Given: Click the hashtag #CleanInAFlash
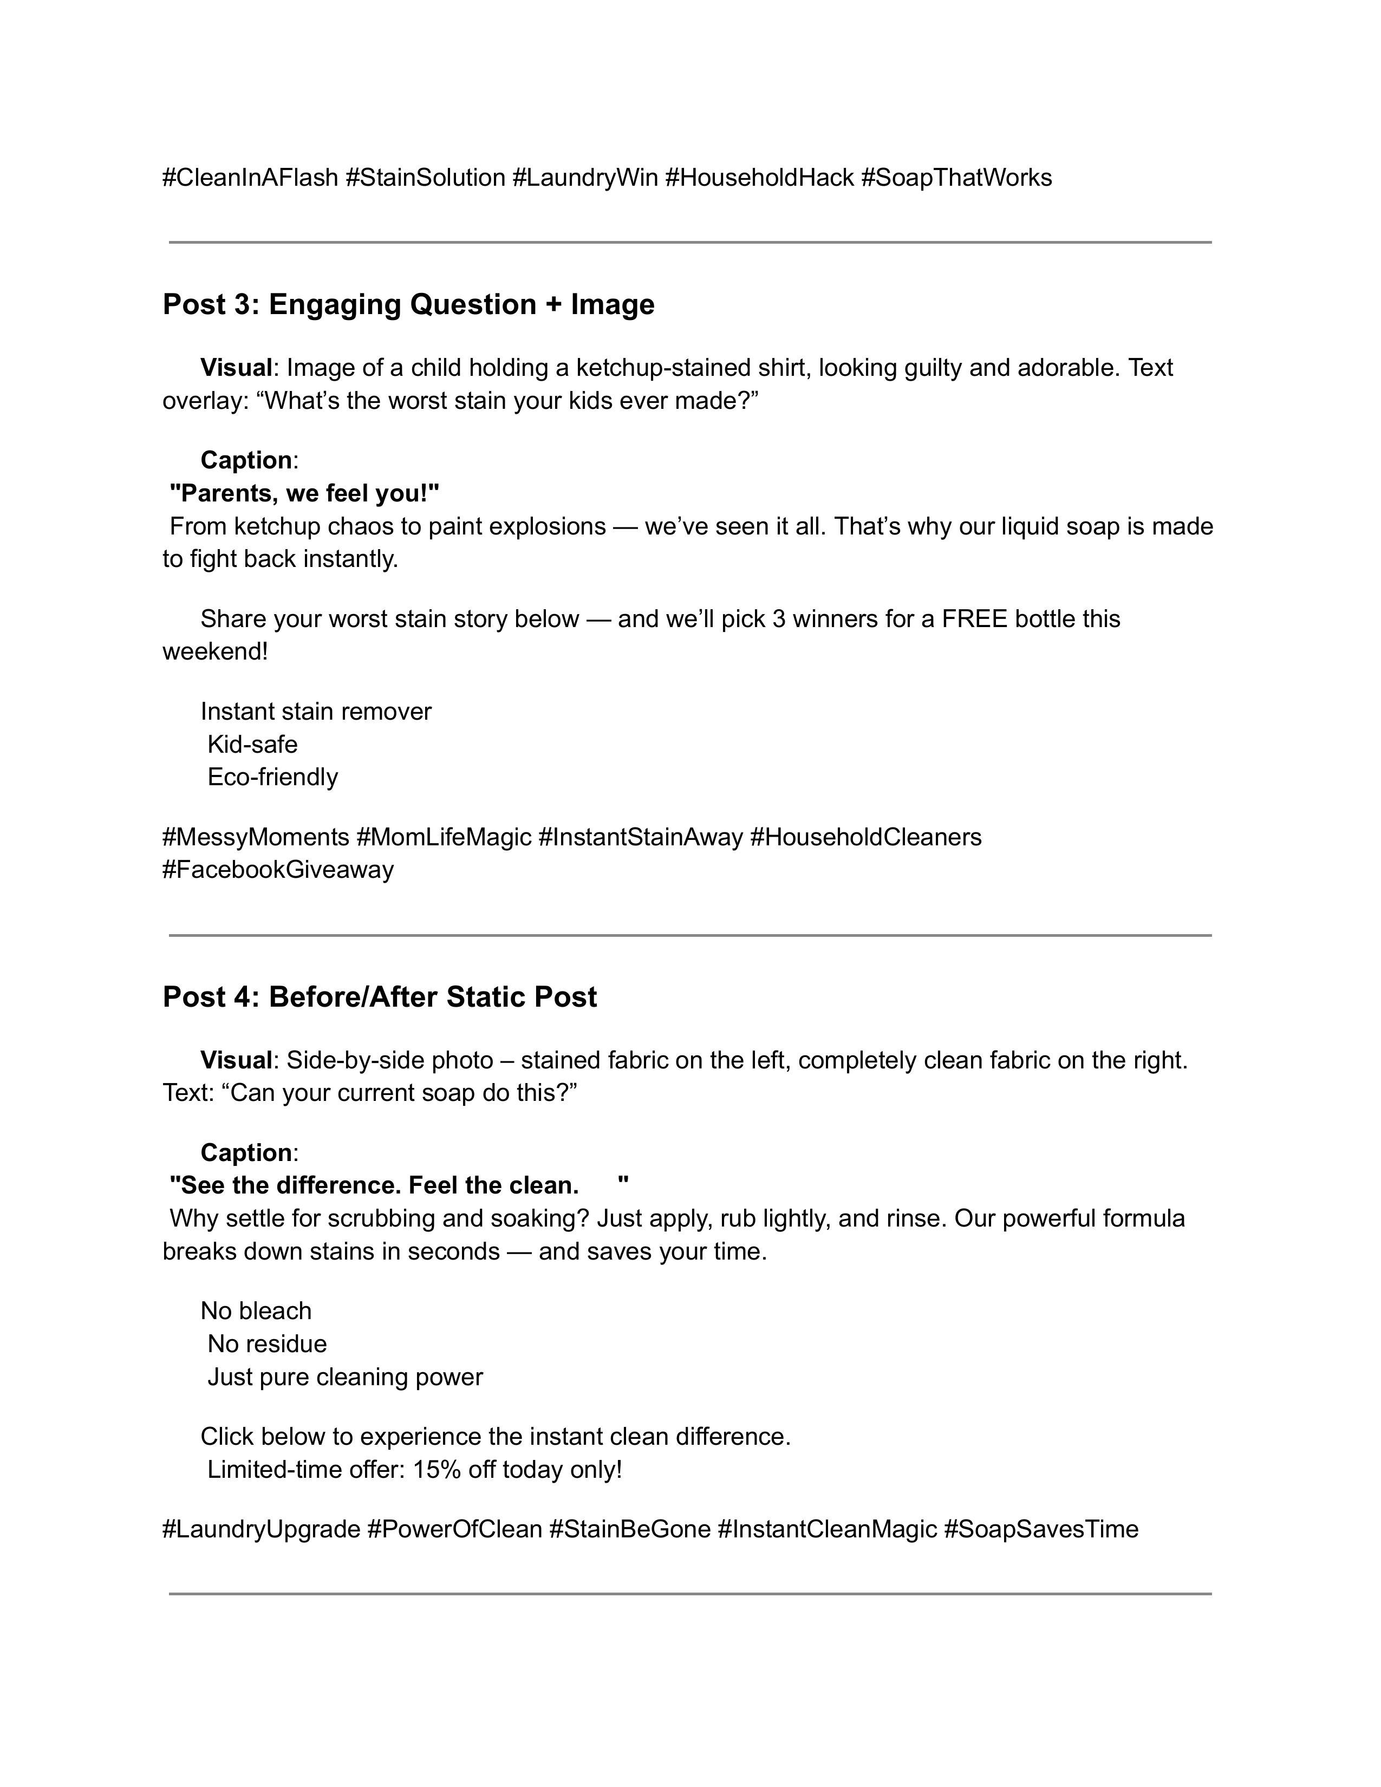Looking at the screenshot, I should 250,178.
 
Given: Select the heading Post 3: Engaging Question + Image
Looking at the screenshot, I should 408,304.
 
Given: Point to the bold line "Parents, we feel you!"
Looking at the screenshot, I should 304,493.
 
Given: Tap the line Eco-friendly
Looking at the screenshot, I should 272,777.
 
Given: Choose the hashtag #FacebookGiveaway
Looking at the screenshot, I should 278,870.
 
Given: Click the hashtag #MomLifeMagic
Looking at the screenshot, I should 444,837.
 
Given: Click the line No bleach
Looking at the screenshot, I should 256,1311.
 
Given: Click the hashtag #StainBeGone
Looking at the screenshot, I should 629,1529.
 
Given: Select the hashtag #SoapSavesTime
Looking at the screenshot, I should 1041,1529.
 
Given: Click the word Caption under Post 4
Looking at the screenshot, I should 246,1153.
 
